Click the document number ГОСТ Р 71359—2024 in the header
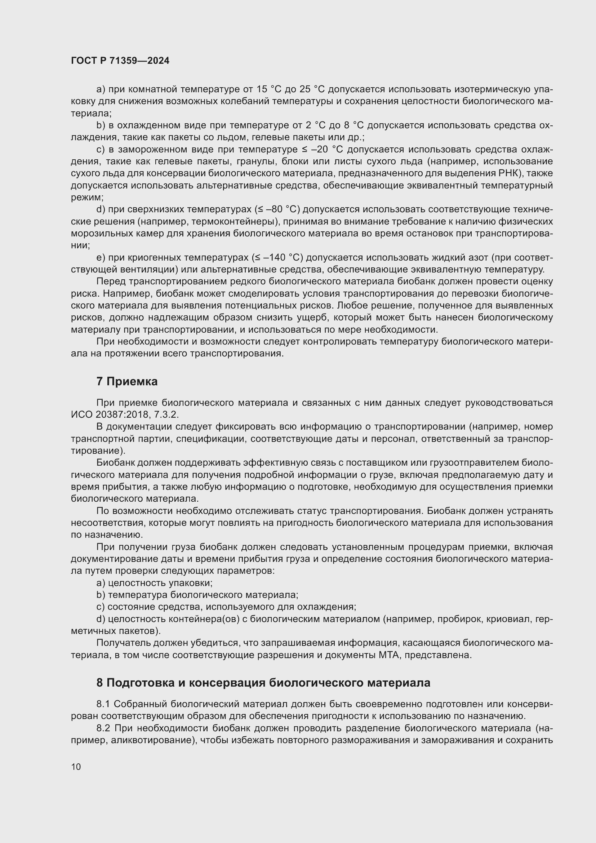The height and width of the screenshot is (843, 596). click(x=120, y=61)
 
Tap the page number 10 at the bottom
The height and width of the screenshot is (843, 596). click(x=76, y=767)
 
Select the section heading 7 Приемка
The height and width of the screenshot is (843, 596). click(x=127, y=381)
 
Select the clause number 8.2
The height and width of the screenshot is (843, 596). click(x=104, y=728)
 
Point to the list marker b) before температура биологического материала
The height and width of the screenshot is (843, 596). click(x=101, y=595)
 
